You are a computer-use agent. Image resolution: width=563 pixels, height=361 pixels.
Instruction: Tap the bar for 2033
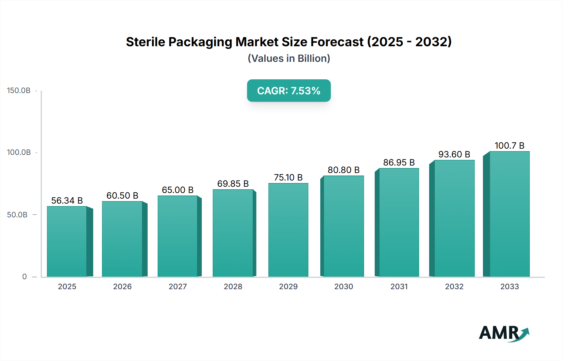(x=509, y=214)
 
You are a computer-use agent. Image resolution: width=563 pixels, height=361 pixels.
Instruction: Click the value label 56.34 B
(x=67, y=200)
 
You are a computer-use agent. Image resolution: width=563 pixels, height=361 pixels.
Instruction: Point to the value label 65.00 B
(x=178, y=190)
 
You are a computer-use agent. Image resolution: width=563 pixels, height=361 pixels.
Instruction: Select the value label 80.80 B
(x=343, y=170)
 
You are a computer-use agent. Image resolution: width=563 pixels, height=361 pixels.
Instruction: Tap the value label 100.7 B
(x=509, y=146)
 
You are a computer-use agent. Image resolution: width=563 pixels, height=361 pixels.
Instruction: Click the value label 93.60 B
(x=454, y=154)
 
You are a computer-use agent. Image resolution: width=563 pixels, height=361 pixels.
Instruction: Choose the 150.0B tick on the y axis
(x=19, y=91)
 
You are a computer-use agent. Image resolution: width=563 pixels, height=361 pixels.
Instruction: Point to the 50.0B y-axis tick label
(x=18, y=215)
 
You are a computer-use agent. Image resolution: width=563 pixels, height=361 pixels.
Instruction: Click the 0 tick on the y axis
(x=24, y=277)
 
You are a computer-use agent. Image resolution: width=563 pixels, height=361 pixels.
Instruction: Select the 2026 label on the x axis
(x=122, y=287)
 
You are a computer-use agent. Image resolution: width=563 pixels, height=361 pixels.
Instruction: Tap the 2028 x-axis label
(x=233, y=287)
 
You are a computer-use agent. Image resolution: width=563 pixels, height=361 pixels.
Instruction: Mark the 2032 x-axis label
(x=454, y=287)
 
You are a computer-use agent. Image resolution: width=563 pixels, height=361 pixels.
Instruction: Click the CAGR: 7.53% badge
(x=289, y=91)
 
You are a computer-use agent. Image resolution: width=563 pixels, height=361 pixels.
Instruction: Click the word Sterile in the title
(x=145, y=42)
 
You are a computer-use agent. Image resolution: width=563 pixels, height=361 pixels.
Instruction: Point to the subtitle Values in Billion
(x=289, y=58)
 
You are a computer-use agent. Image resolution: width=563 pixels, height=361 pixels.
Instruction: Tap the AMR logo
(x=504, y=333)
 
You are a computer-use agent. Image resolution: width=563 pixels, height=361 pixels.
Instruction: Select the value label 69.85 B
(x=233, y=184)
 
